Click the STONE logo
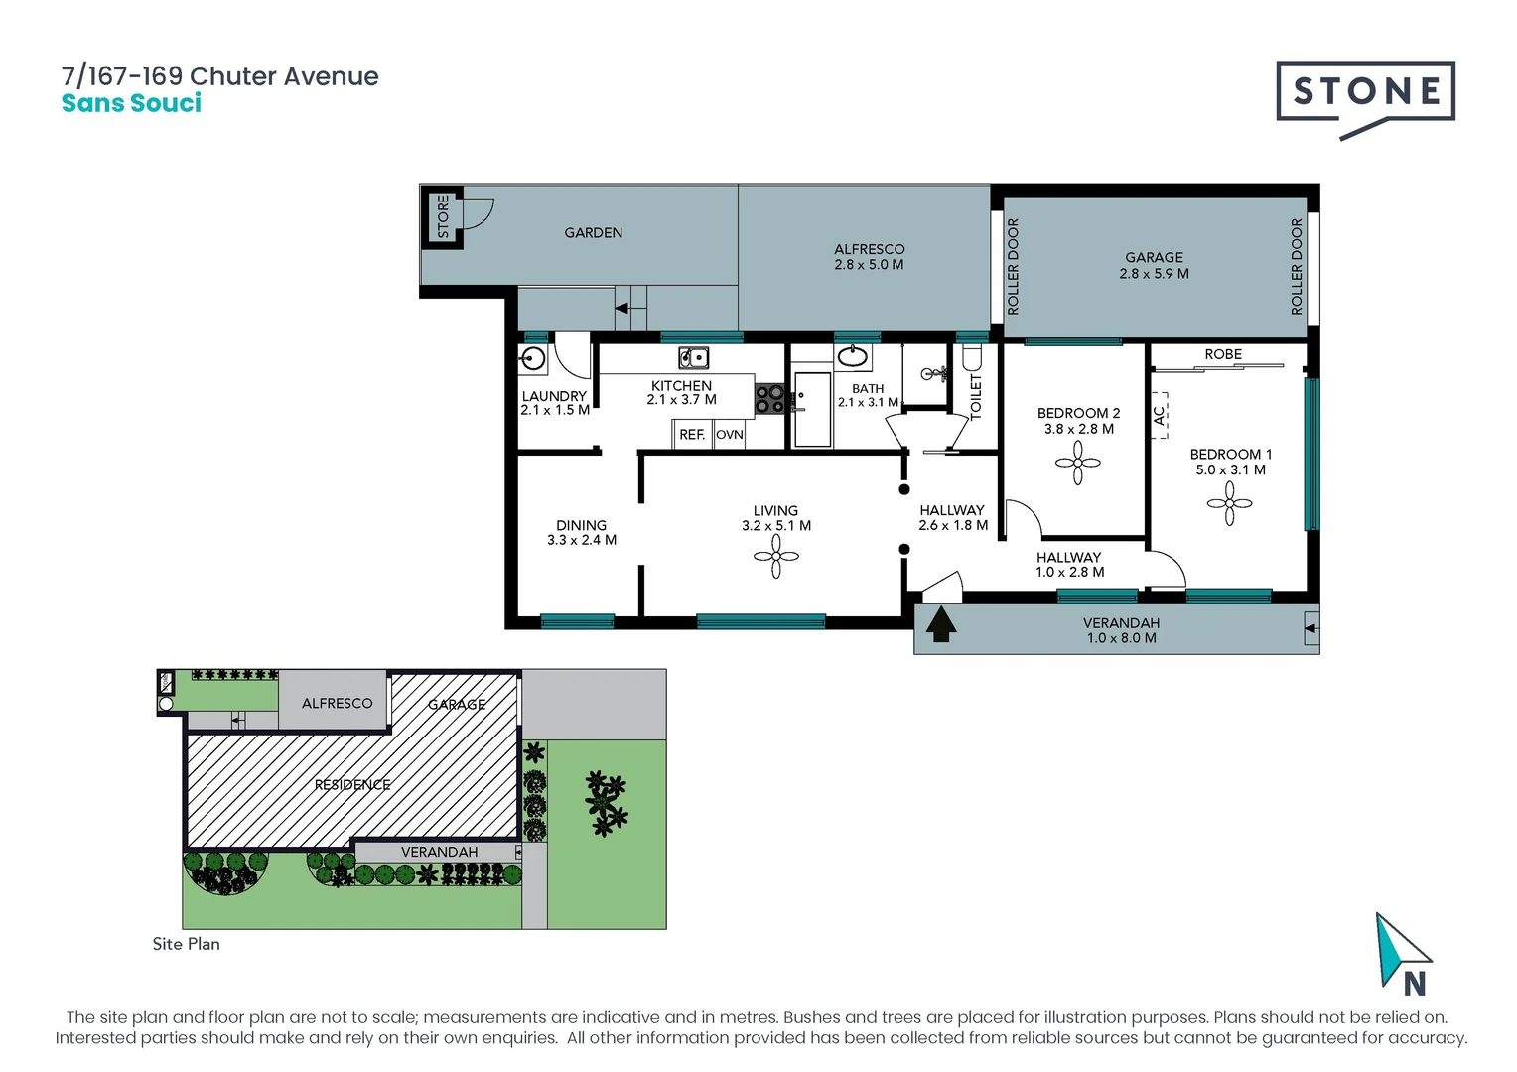[1365, 93]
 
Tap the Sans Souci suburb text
[131, 103]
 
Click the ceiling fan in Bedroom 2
[1078, 463]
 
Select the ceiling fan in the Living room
[776, 557]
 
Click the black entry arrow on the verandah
[940, 626]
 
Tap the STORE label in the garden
[443, 216]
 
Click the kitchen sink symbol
[693, 357]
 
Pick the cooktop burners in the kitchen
[769, 399]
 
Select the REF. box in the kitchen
[692, 435]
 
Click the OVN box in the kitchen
[730, 435]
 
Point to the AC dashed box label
[1159, 415]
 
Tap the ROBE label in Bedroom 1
[1223, 354]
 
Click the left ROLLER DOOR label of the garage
[1013, 266]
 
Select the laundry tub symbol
[533, 359]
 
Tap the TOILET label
[975, 395]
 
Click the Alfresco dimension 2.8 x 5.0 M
[869, 265]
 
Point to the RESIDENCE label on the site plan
[352, 785]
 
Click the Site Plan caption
[186, 944]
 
